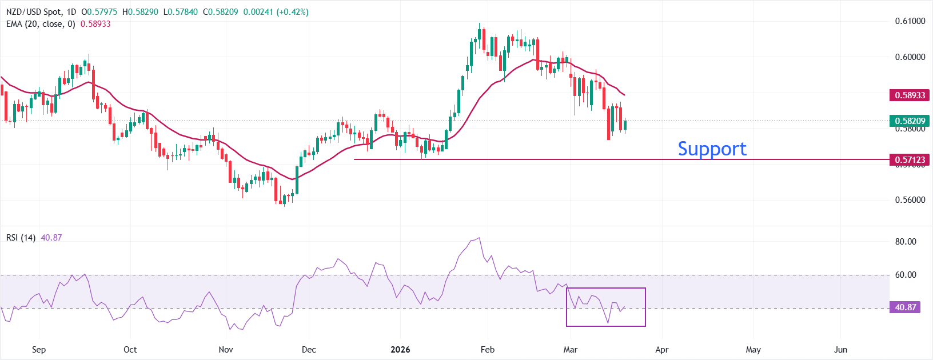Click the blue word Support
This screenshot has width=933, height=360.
pyautogui.click(x=712, y=149)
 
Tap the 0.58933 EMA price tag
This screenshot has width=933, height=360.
pyautogui.click(x=909, y=95)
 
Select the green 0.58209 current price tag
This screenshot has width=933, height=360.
pyautogui.click(x=909, y=121)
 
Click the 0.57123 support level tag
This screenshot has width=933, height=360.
pyautogui.click(x=909, y=160)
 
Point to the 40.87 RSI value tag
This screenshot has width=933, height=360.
pyautogui.click(x=906, y=307)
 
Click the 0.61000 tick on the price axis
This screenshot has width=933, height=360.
pyautogui.click(x=910, y=21)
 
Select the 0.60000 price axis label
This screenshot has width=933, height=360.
pyautogui.click(x=910, y=57)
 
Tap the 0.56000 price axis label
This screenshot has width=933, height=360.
pyautogui.click(x=910, y=200)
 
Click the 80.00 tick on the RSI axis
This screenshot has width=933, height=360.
pyautogui.click(x=906, y=242)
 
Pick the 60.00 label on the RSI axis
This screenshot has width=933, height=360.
pyautogui.click(x=906, y=275)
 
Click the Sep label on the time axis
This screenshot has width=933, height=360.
pyautogui.click(x=39, y=350)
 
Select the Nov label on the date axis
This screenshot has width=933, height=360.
pyautogui.click(x=226, y=350)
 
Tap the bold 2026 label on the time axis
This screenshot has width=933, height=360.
pyautogui.click(x=400, y=350)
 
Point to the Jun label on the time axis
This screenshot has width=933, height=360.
pyautogui.click(x=840, y=350)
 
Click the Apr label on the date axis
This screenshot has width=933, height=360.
pyautogui.click(x=661, y=350)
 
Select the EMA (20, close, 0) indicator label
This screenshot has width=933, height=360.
pyautogui.click(x=41, y=24)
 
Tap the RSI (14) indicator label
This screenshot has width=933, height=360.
pyautogui.click(x=21, y=238)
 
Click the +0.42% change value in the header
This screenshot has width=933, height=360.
pyautogui.click(x=292, y=12)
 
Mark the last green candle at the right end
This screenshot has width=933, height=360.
pyautogui.click(x=625, y=125)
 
